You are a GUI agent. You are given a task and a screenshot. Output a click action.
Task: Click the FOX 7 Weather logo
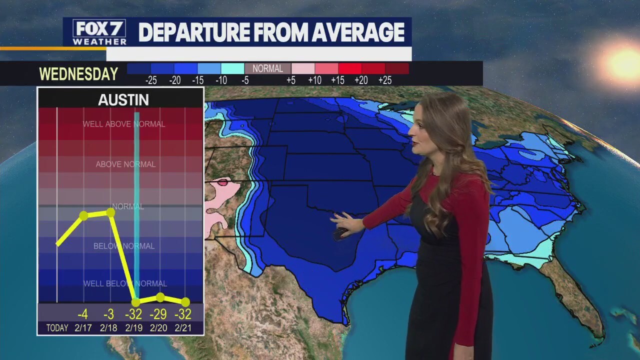pyautogui.click(x=99, y=32)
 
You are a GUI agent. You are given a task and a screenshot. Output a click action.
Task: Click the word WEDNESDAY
pyautogui.click(x=78, y=74)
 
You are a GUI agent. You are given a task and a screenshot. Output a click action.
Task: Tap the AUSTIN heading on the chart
pyautogui.click(x=123, y=100)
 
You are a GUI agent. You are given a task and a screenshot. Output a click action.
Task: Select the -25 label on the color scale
pyautogui.click(x=151, y=80)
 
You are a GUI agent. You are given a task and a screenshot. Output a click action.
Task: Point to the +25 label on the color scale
pyautogui.click(x=384, y=80)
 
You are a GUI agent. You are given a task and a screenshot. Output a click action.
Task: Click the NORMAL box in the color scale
pyautogui.click(x=267, y=69)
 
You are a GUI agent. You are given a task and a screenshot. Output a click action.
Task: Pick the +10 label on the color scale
pyautogui.click(x=314, y=80)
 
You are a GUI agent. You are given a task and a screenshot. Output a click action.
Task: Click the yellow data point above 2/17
pyautogui.click(x=83, y=215)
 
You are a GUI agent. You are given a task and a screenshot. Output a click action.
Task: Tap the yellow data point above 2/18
pyautogui.click(x=110, y=212)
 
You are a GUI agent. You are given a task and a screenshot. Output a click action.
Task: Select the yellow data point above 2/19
pyautogui.click(x=135, y=302)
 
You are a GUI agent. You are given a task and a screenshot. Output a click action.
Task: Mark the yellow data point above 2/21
pyautogui.click(x=185, y=302)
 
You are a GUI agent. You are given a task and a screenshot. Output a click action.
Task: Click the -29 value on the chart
pyautogui.click(x=159, y=314)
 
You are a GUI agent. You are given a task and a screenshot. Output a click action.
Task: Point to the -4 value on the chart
pyautogui.click(x=82, y=314)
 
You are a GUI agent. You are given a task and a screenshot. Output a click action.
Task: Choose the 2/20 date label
pyautogui.click(x=159, y=328)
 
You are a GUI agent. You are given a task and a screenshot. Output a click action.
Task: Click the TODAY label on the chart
pyautogui.click(x=57, y=328)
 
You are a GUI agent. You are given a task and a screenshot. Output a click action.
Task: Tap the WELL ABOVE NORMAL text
pyautogui.click(x=124, y=124)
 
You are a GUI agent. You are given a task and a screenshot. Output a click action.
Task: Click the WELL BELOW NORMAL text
pyautogui.click(x=125, y=283)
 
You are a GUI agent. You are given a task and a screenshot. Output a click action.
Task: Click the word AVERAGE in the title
pyautogui.click(x=357, y=32)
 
